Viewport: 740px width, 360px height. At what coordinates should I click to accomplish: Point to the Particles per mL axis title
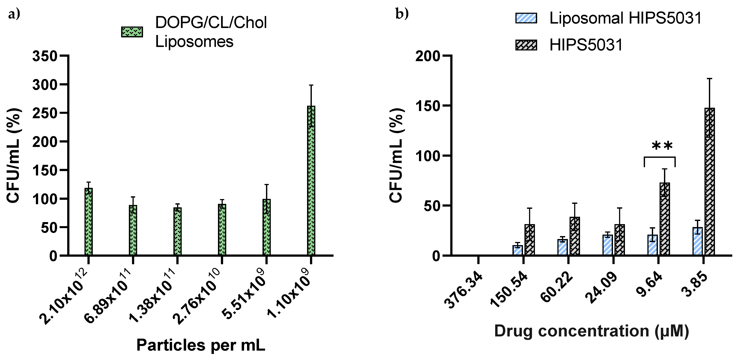click(200, 345)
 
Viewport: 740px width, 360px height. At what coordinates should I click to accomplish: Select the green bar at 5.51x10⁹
click(267, 227)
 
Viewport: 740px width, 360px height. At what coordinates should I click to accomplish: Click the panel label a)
click(14, 14)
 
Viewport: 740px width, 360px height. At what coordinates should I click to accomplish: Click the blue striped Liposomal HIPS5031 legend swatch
click(526, 18)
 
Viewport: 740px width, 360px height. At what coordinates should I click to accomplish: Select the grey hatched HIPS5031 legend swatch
click(526, 45)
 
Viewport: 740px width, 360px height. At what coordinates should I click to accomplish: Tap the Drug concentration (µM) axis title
click(591, 331)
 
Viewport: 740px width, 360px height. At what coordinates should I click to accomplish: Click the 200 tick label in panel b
click(427, 56)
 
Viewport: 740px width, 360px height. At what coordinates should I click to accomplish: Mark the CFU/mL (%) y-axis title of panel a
click(13, 155)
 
